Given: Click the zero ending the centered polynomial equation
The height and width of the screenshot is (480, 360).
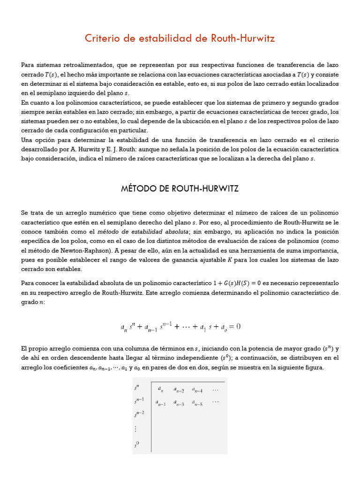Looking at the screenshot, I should coord(238,326).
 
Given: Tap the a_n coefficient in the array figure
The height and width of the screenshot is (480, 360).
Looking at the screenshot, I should coord(160,389).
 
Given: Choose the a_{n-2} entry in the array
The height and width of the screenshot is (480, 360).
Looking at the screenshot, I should coord(179,389).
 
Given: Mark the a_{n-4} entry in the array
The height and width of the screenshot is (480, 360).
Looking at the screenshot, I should coord(197,389).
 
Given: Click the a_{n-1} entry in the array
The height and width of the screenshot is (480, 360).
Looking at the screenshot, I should coord(161,402).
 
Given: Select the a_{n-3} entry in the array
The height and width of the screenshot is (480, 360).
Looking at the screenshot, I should coord(179,402).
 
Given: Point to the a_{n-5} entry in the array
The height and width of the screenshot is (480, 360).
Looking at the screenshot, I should coord(197,402).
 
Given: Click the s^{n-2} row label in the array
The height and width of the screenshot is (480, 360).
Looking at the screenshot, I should coord(139,413).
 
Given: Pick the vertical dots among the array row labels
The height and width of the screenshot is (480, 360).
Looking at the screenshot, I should coord(136,429).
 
